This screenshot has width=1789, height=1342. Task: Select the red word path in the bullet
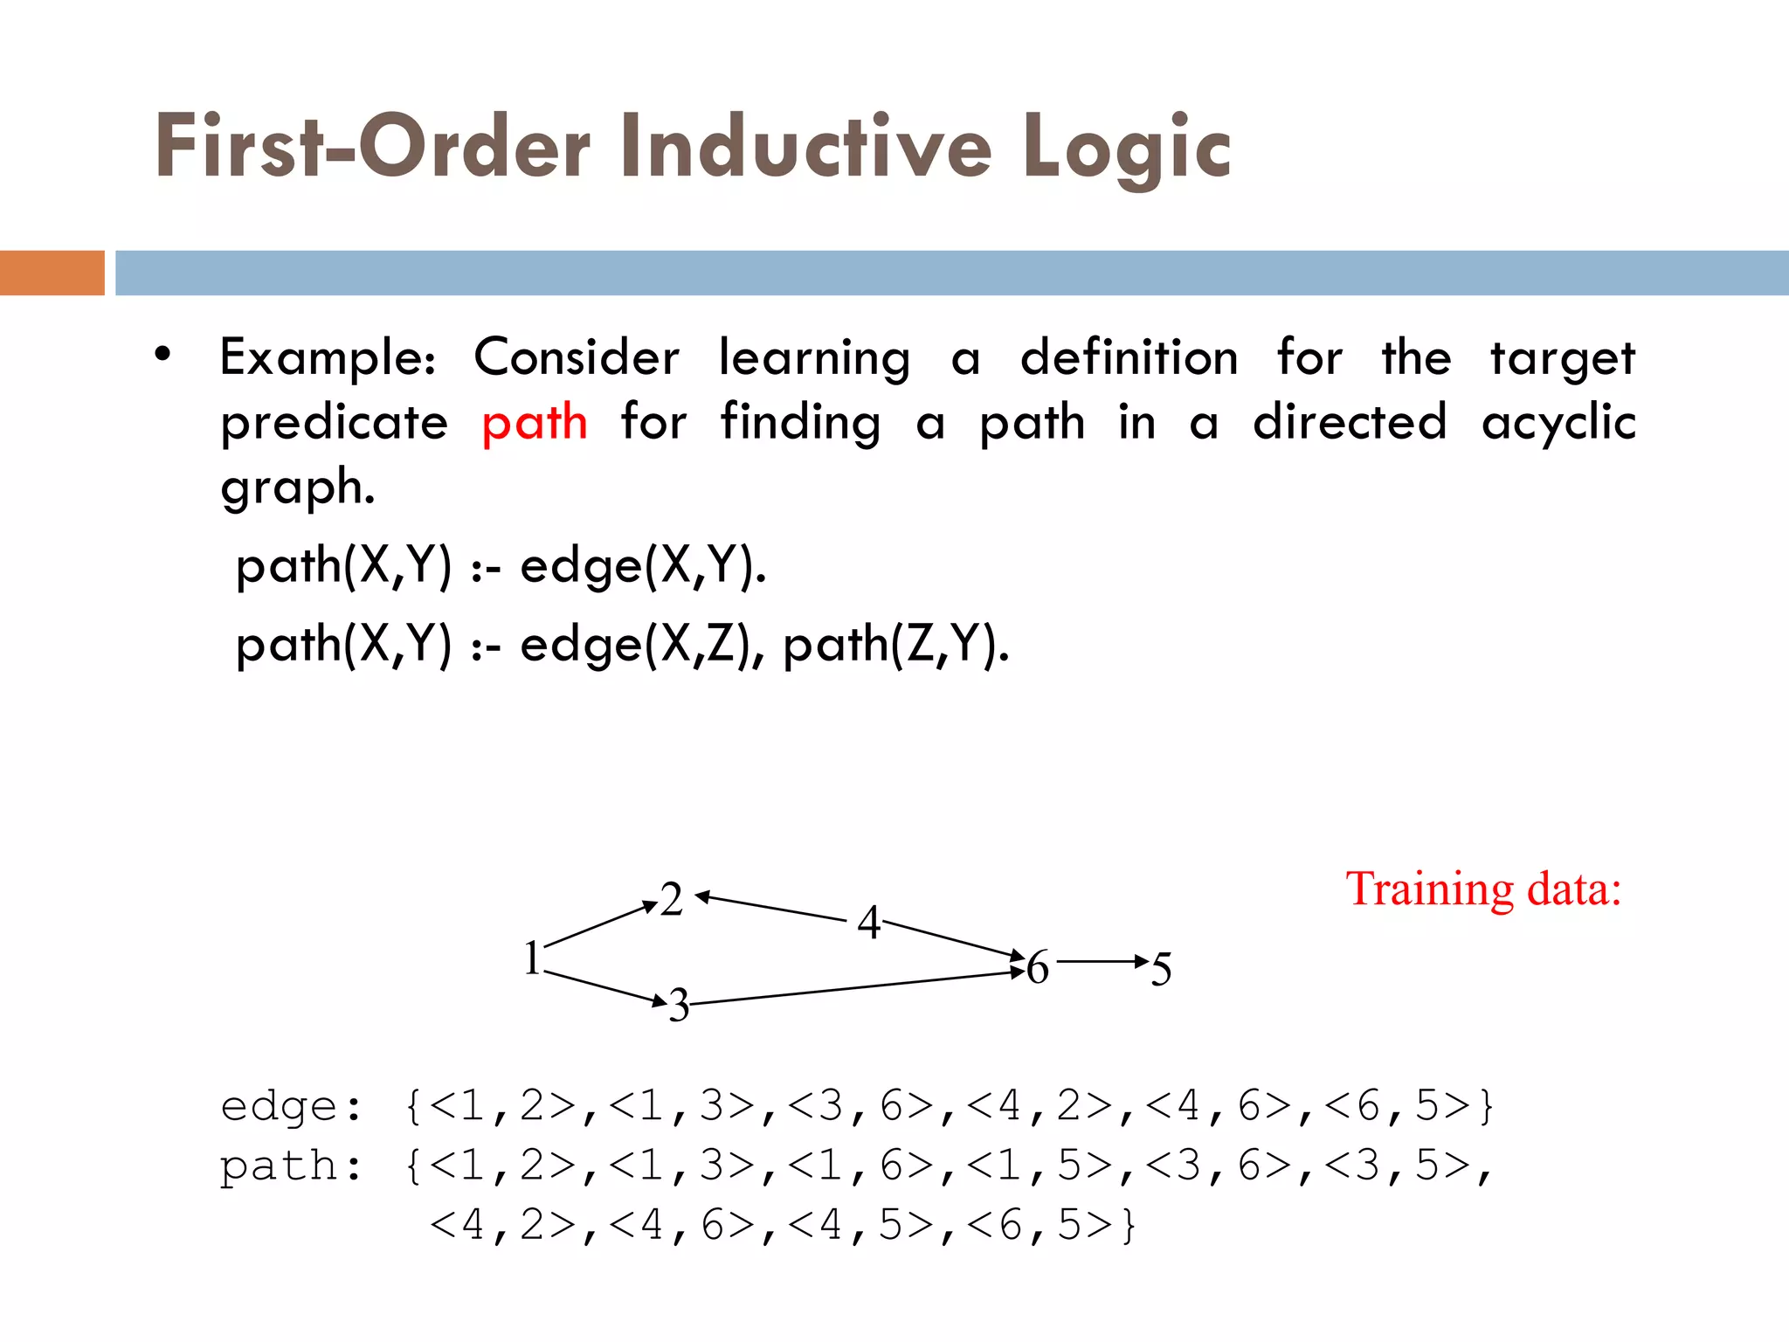(534, 423)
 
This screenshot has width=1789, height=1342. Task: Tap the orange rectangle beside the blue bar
(52, 273)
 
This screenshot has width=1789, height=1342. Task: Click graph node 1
(532, 958)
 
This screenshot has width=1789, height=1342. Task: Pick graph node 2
(671, 899)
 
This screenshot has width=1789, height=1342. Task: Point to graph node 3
(679, 1006)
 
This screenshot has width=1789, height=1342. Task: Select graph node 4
(868, 923)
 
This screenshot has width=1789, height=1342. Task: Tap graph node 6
(1037, 968)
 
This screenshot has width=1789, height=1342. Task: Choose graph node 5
(1161, 969)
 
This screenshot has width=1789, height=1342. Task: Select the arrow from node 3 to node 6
(856, 988)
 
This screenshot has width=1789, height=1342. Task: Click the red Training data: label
(1482, 889)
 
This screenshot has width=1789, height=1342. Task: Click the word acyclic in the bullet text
(1558, 423)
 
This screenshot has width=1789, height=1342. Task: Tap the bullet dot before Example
(162, 355)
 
